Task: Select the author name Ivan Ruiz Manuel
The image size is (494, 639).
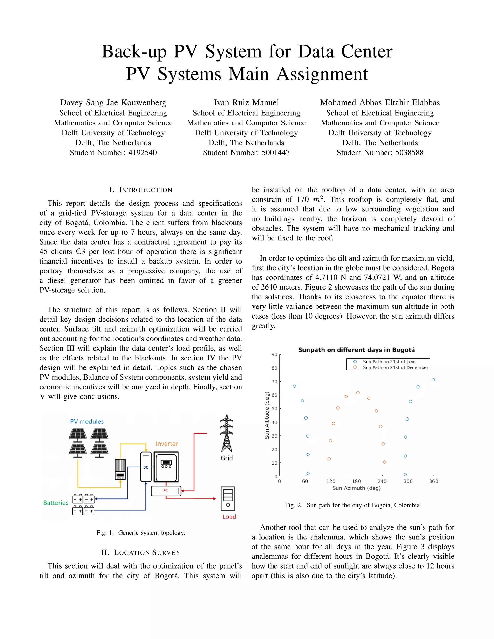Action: [x=246, y=102]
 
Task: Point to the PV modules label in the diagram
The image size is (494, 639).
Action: [x=87, y=421]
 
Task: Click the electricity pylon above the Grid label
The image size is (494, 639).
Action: [x=226, y=433]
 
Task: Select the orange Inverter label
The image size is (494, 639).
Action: [x=167, y=443]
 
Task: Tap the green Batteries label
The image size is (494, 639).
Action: [x=56, y=503]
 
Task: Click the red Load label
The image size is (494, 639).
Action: [x=229, y=517]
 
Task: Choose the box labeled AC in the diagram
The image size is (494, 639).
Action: [x=166, y=491]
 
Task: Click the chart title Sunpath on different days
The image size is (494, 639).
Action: [x=356, y=350]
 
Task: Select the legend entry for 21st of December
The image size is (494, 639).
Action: [x=395, y=367]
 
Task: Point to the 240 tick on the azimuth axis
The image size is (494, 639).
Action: [x=382, y=481]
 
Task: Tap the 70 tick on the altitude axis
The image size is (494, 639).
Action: [x=274, y=381]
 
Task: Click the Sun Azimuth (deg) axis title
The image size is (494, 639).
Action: [x=356, y=488]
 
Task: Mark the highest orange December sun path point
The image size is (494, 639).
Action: [x=358, y=393]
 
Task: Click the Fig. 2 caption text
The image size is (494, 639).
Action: [x=353, y=505]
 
